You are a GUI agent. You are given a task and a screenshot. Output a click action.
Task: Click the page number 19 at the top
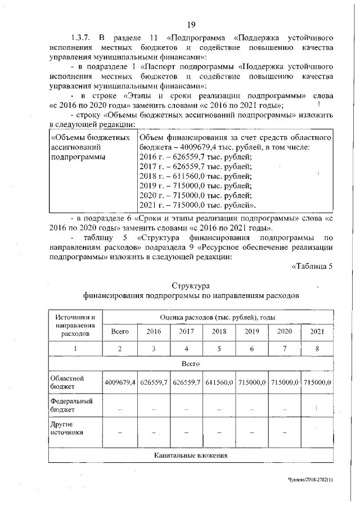[191, 24]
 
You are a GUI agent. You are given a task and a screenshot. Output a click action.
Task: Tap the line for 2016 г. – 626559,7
[195, 157]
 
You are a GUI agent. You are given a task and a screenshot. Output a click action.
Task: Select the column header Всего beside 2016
[120, 331]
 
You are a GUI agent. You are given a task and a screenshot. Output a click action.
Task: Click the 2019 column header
[251, 331]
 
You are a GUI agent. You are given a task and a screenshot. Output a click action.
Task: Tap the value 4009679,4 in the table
[120, 382]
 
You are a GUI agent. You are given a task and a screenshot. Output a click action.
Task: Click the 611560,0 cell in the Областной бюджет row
[219, 382]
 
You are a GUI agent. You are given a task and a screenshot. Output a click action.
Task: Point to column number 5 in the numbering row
[219, 349]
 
